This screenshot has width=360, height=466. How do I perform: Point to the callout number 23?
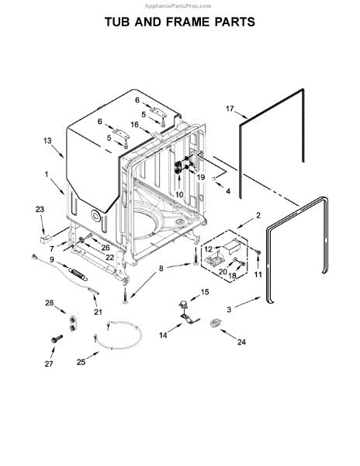click(40, 209)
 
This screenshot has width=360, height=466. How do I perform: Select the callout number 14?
click(164, 336)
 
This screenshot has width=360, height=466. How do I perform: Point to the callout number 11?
click(258, 275)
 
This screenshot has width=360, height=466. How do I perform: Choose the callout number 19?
click(200, 177)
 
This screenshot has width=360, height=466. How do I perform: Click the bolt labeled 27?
click(58, 339)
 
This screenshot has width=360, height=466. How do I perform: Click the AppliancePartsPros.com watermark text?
click(325, 4)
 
